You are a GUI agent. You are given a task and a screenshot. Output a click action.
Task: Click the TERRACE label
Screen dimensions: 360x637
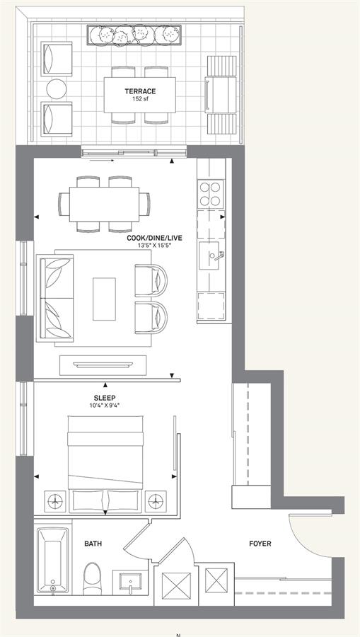click(x=140, y=91)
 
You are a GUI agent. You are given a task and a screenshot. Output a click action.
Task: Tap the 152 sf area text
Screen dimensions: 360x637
click(x=140, y=98)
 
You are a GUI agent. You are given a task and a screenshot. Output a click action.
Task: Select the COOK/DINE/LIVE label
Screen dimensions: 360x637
click(x=154, y=239)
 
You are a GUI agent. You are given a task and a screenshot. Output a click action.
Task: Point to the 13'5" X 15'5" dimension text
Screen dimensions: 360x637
click(x=154, y=246)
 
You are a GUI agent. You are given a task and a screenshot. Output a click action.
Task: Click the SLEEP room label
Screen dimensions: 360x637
click(x=105, y=398)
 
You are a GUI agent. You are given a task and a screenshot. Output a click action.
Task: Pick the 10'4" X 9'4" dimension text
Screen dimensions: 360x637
click(x=105, y=405)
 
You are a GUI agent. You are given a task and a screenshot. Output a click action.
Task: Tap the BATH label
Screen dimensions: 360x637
click(x=93, y=544)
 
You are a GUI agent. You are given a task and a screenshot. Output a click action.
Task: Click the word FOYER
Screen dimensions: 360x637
click(x=260, y=544)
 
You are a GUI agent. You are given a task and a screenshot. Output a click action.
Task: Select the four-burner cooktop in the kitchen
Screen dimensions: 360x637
click(x=211, y=194)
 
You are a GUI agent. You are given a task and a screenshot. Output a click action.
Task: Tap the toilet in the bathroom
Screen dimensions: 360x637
click(x=93, y=580)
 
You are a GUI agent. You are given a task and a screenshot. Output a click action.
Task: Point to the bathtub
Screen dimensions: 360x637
click(x=53, y=559)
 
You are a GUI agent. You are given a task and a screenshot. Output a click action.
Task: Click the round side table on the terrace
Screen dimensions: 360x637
click(x=57, y=89)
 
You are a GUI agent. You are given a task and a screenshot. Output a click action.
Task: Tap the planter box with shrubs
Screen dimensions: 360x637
click(x=134, y=35)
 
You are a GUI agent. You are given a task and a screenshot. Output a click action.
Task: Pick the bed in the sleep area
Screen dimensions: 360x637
click(x=105, y=464)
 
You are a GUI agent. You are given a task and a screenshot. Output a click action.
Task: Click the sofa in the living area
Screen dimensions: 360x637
click(x=56, y=298)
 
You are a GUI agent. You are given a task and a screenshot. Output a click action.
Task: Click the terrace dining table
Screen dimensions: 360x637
click(x=140, y=95)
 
